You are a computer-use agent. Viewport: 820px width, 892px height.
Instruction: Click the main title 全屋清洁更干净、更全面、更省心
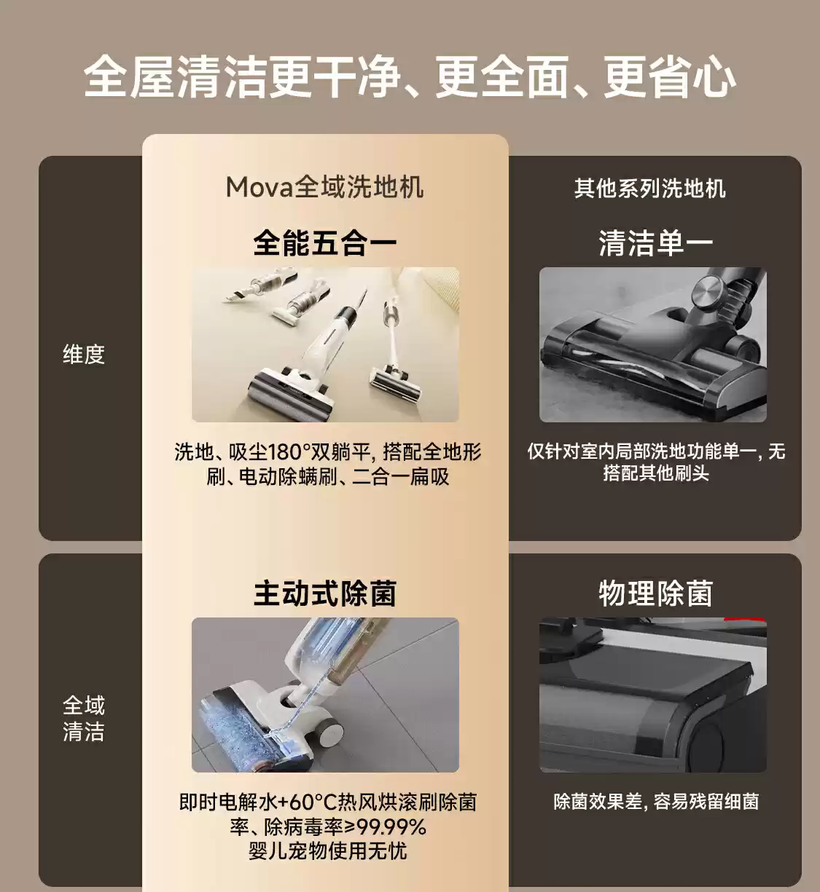tap(410, 77)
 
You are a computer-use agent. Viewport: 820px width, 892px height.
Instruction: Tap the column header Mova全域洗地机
tap(324, 187)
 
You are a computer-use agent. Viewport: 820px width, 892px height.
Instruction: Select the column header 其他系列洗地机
tap(649, 189)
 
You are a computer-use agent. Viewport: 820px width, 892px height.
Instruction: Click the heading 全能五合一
tap(325, 243)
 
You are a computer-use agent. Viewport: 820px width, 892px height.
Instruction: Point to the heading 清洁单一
tap(655, 243)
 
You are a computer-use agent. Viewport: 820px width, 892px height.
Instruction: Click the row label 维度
tap(84, 355)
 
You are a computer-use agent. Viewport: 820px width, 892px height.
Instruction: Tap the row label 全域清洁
tap(84, 718)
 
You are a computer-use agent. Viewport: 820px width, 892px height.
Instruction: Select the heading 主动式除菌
tap(325, 593)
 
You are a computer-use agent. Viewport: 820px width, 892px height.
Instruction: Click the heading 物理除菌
tap(655, 593)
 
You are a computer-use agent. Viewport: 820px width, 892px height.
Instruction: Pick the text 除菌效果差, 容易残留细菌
tap(655, 802)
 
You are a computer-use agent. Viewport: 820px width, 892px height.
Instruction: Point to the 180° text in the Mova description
tap(289, 452)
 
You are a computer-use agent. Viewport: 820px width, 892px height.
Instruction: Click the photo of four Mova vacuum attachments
tap(325, 344)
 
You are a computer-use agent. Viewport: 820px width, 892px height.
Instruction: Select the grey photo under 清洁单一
tap(652, 344)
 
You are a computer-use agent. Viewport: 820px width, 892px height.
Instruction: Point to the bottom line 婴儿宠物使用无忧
tap(327, 850)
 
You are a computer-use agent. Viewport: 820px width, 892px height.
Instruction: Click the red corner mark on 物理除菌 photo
tap(747, 620)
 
